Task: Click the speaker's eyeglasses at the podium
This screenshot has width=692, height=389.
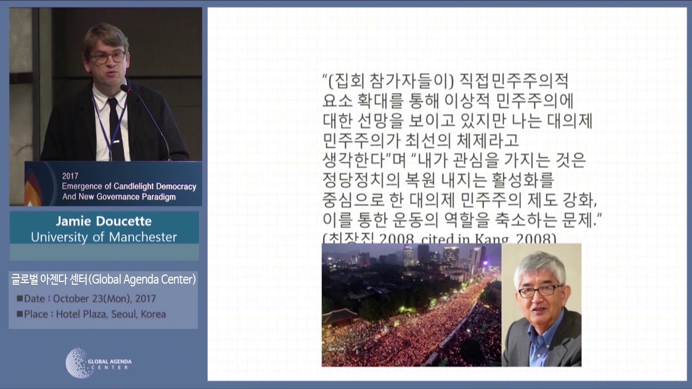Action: tap(108, 57)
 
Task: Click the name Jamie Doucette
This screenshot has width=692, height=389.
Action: tap(104, 222)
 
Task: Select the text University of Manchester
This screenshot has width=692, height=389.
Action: tap(104, 237)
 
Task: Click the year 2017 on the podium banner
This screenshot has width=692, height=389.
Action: tap(70, 176)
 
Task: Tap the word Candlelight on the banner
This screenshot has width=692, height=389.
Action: tap(126, 186)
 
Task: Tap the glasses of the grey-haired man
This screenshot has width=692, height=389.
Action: tap(540, 291)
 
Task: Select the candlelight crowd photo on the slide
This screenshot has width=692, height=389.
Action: tap(411, 305)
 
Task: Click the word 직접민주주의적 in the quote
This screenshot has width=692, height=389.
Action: tap(514, 82)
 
